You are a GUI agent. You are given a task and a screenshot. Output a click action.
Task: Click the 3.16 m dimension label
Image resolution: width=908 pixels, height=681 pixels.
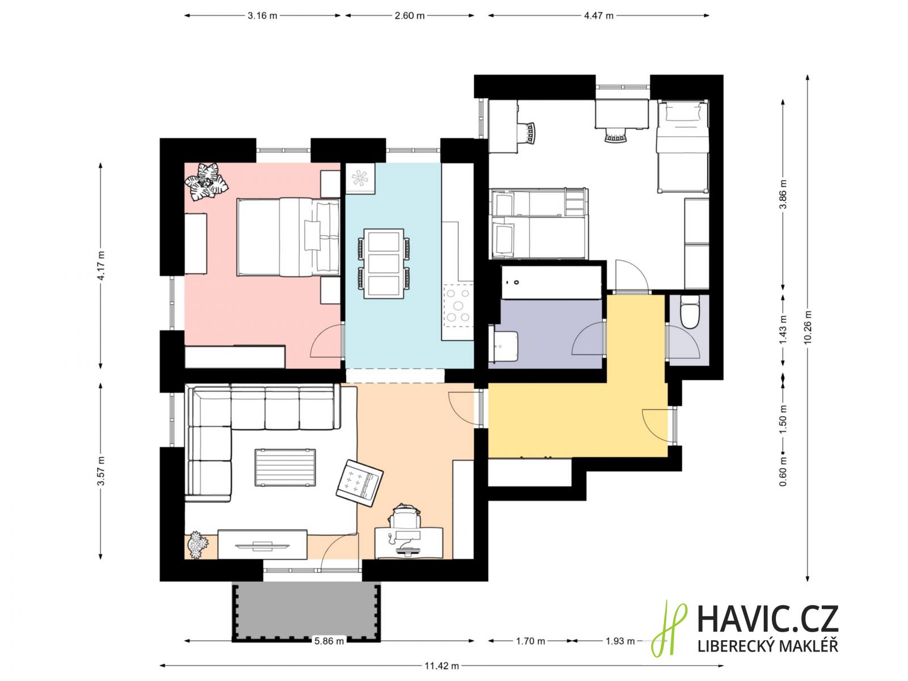262,16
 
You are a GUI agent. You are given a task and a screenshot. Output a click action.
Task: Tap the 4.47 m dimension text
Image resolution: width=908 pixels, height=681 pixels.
598,16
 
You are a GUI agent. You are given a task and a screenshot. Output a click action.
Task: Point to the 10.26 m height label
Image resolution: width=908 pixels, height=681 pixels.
808,327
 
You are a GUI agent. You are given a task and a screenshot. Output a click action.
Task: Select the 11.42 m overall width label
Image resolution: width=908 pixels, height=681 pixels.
442,666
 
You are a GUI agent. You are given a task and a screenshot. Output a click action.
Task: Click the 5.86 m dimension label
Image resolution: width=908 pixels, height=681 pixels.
329,641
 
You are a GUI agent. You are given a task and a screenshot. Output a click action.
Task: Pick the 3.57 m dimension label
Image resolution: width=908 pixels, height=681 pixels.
100,471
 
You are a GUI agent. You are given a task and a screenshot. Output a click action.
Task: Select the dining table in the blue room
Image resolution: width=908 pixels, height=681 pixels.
384,263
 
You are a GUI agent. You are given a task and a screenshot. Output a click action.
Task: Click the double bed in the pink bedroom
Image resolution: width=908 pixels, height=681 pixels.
288,237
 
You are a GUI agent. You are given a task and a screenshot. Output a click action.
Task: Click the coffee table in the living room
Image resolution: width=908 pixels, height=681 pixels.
285,467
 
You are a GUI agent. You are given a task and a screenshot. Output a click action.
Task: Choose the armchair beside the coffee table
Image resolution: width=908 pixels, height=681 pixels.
359,482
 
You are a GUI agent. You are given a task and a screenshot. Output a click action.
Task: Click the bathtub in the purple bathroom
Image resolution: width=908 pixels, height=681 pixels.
551,283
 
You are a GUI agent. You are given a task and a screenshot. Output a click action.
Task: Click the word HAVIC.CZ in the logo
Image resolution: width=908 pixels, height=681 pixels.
768,619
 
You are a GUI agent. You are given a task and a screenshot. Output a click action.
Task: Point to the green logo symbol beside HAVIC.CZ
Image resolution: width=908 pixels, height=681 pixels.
669,628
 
